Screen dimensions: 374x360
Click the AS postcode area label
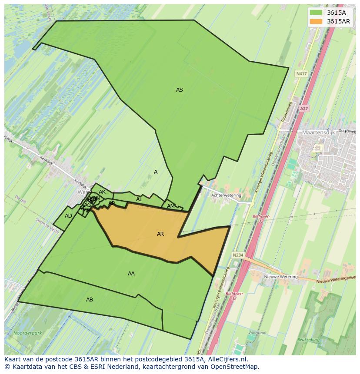pos(179,90)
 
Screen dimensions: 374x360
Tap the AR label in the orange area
pos(160,234)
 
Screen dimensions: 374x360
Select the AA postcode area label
pos(131,274)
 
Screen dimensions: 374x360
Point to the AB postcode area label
pos(90,300)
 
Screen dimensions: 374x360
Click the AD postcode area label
pos(68,216)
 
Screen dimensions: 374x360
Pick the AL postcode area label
pos(139,199)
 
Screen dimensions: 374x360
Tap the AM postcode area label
pos(171,206)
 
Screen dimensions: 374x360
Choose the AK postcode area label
pos(102,192)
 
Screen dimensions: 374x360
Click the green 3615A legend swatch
pos(316,13)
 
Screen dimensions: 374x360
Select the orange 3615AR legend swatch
pos(316,21)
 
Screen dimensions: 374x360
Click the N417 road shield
pos(301,74)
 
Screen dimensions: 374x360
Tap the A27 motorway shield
pos(304,109)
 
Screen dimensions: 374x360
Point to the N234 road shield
pos(238,255)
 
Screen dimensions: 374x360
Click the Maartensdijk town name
pos(320,132)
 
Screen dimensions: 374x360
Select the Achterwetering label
pos(226,195)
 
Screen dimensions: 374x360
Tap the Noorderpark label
pos(27,333)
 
